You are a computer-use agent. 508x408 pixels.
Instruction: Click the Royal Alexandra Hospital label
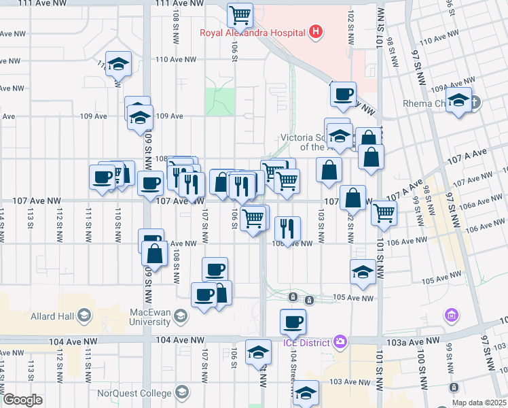(252, 31)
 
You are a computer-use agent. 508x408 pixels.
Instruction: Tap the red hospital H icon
(314, 31)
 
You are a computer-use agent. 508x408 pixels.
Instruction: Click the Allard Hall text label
(52, 315)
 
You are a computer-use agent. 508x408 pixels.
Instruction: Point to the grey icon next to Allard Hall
(84, 315)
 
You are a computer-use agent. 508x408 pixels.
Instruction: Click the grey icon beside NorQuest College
(181, 392)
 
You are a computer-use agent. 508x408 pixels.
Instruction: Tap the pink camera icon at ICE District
(340, 341)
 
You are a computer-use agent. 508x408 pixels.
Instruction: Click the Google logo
(22, 400)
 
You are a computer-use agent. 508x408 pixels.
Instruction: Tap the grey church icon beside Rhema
(474, 103)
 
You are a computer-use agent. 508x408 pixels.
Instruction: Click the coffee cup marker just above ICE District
(293, 321)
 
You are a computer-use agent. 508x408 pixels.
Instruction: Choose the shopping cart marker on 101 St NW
(384, 212)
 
